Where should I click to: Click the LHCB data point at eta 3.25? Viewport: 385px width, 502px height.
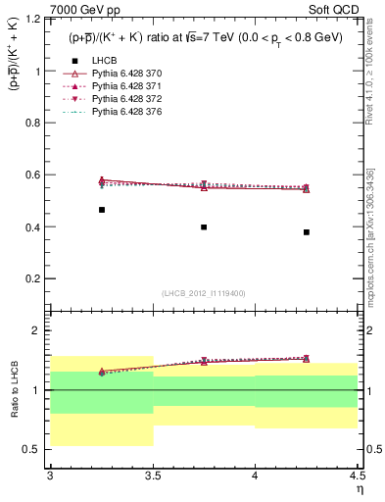click(x=101, y=210)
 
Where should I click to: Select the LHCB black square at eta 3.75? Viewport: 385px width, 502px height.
click(x=204, y=226)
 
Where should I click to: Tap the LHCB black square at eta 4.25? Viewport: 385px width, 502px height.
click(x=307, y=232)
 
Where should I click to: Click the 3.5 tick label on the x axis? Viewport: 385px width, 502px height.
click(x=152, y=476)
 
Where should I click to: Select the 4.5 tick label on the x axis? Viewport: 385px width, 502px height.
click(x=357, y=476)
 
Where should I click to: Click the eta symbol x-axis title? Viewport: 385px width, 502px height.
click(x=360, y=489)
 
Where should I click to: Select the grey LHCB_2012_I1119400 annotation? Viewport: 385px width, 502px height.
click(x=204, y=293)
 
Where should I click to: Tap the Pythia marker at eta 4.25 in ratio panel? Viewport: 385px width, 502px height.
click(x=307, y=359)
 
